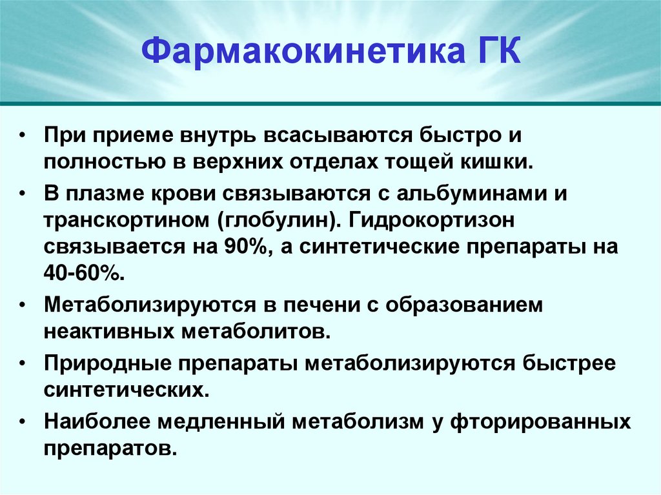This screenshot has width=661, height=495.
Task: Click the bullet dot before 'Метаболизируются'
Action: click(x=23, y=305)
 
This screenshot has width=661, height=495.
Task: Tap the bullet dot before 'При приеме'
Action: click(x=23, y=137)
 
